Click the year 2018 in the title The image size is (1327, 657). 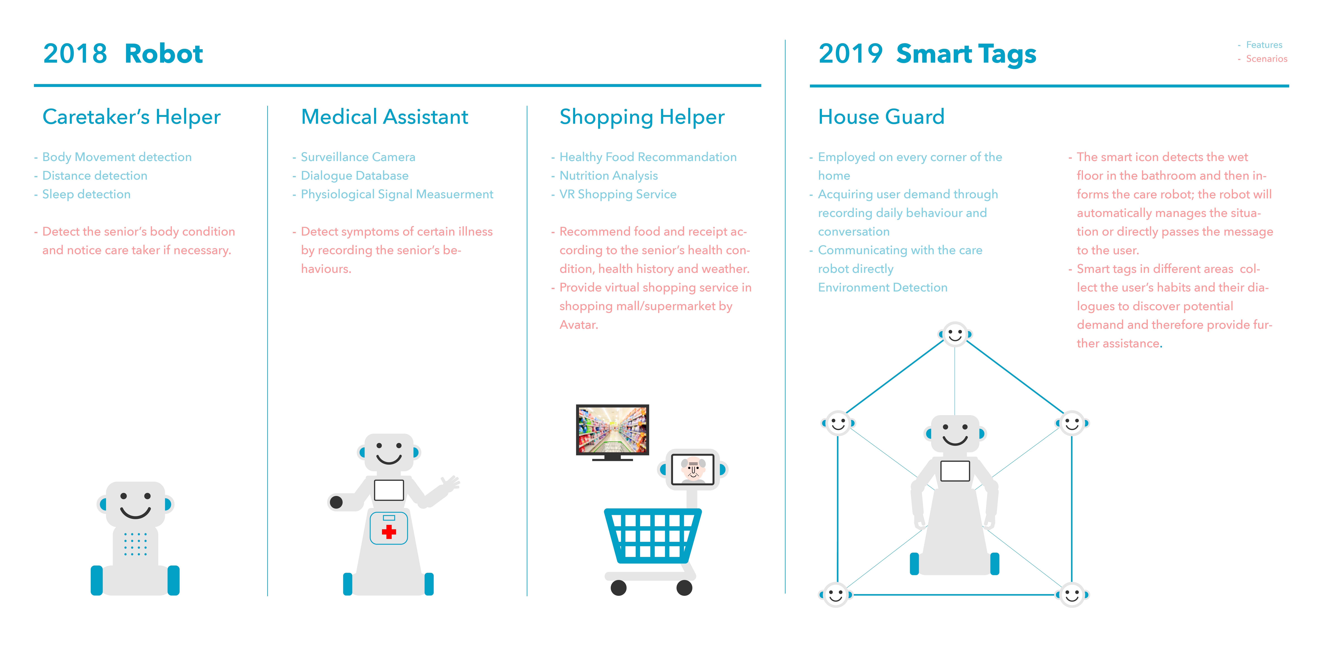click(x=75, y=54)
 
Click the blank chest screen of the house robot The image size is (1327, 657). click(x=955, y=471)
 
